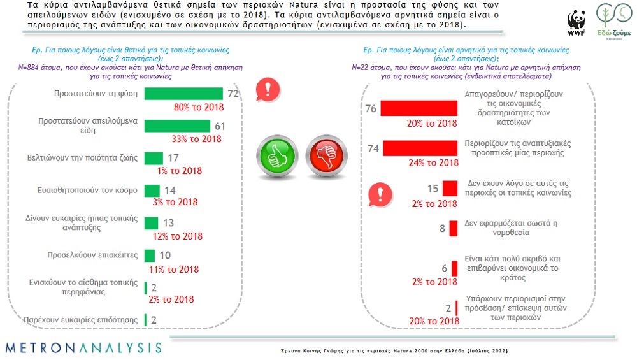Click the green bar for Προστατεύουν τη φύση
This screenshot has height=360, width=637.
pos(183,94)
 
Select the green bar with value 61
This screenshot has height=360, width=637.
pos(179,126)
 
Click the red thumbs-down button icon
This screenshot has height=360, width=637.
pos(325,155)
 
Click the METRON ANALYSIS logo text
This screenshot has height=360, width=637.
pos(83,348)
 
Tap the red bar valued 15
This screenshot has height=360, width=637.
pos(451,188)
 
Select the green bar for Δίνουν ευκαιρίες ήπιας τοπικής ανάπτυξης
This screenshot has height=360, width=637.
pos(151,223)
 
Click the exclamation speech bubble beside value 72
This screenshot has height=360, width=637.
pos(263,90)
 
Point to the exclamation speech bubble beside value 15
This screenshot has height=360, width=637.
pos(380,192)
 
